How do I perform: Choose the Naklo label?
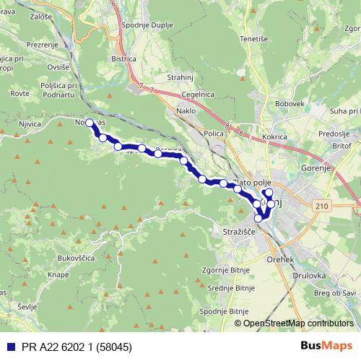coord(186,112)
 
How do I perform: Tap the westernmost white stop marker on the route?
coord(90,123)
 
